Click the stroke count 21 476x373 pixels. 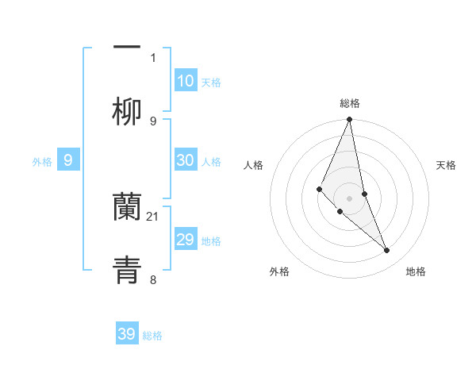coord(153,216)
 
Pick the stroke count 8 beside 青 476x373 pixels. coord(153,279)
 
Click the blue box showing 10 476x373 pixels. coord(186,81)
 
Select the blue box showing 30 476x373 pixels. coord(186,160)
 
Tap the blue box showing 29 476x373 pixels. coord(186,240)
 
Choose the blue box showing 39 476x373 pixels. coord(127,334)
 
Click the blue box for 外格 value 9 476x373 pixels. coord(68,160)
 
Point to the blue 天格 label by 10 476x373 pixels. coord(211,83)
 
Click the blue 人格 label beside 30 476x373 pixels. coord(211,162)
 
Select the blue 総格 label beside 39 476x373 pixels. coord(152,336)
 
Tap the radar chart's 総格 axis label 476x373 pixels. coord(350,103)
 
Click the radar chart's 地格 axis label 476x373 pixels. coord(416,271)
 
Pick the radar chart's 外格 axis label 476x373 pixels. coord(279,271)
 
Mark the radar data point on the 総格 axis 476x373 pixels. coord(350,120)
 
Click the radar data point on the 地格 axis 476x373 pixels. coord(387,250)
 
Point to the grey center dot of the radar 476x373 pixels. coord(350,198)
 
